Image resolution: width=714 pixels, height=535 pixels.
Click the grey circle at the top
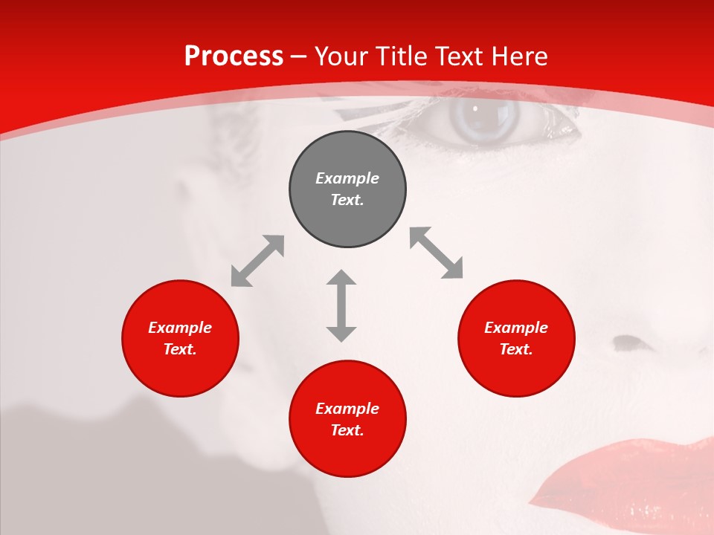tap(347, 189)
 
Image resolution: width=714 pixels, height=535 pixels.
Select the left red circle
tap(180, 338)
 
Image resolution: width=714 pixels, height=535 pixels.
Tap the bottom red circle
tap(347, 418)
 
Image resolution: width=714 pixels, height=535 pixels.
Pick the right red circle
tap(516, 338)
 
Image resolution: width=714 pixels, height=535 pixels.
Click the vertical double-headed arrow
tap(341, 305)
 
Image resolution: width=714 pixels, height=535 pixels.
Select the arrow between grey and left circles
tap(257, 261)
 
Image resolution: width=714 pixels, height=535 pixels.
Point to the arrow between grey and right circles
tap(437, 253)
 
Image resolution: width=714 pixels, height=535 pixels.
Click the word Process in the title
tap(234, 56)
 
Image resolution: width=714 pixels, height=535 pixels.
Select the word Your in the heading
tap(341, 56)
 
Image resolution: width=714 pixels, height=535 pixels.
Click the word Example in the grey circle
tap(347, 178)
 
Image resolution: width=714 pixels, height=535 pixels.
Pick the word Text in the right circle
tap(515, 349)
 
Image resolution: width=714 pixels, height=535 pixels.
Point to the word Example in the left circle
tap(180, 328)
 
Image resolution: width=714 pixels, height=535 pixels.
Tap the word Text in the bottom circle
tap(347, 430)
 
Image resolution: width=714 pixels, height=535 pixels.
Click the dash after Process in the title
tap(299, 56)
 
